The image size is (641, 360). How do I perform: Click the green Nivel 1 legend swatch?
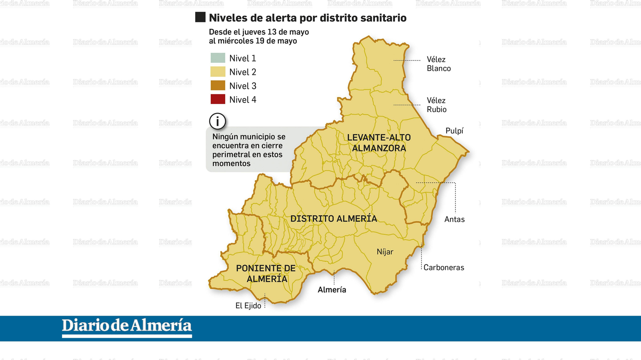pos(218,58)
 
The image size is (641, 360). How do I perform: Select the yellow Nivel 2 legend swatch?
pos(218,72)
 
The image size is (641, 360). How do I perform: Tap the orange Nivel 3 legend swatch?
pos(218,86)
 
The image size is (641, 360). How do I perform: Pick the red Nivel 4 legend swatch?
pos(218,99)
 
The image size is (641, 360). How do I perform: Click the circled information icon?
pos(218,121)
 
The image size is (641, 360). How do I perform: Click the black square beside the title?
pos(200,17)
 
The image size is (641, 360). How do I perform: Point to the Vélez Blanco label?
pos(438,64)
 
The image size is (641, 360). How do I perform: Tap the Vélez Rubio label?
pos(436,105)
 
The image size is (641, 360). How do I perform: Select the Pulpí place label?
pos(454,131)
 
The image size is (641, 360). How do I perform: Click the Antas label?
pos(454,219)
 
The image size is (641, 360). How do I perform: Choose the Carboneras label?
pos(443,267)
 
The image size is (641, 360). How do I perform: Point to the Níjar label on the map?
pos(385,252)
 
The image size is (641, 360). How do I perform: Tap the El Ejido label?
pos(248,306)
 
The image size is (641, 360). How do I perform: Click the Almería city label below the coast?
pos(332,290)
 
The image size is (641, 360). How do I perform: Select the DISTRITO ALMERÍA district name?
pos(333,219)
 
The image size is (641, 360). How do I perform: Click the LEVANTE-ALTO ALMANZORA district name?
pos(379,143)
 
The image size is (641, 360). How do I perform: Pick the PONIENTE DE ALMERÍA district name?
pos(266,274)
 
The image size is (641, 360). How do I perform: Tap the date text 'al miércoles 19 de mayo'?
pos(253,41)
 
